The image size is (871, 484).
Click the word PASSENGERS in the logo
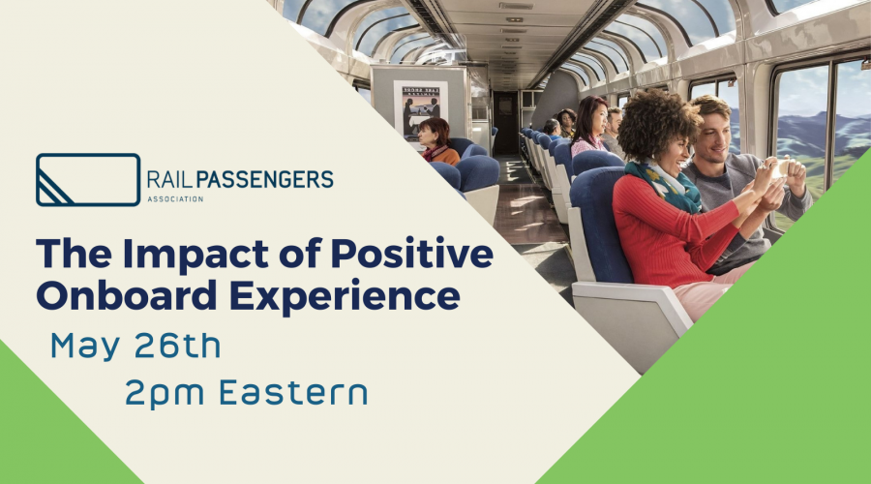click(264, 179)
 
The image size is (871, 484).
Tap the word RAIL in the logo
click(170, 179)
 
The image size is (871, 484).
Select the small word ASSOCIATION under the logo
click(175, 199)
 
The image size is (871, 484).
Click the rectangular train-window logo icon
click(88, 179)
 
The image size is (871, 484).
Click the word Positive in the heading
click(411, 254)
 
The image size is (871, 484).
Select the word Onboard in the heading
click(127, 295)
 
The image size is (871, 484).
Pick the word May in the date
click(85, 348)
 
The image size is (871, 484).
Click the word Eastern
click(293, 392)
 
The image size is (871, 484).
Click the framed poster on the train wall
click(421, 110)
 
